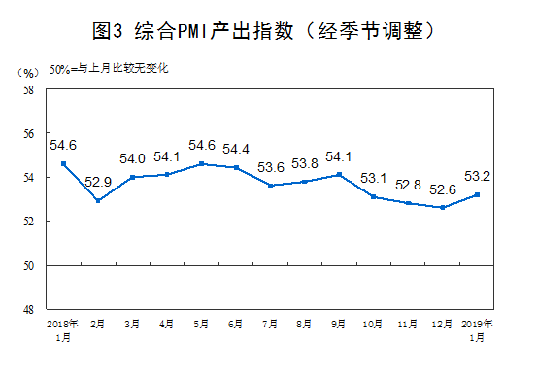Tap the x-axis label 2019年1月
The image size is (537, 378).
pos(477,327)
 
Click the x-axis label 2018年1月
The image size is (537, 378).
pos(62,327)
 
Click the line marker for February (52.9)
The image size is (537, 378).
pos(97,201)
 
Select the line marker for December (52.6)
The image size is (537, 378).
pos(443,207)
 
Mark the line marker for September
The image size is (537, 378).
pos(339,175)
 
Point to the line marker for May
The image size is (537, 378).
pos(201,163)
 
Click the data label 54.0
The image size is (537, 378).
pos(132,158)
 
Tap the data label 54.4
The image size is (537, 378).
pos(236,149)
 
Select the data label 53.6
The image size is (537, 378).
pos(270,166)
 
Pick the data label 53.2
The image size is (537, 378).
pos(477,176)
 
